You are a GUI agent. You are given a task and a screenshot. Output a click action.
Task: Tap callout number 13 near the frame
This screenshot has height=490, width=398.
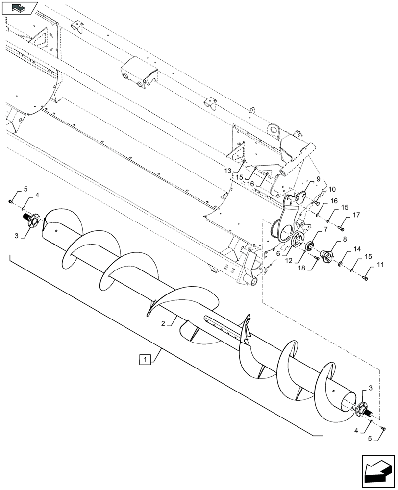tap(227, 170)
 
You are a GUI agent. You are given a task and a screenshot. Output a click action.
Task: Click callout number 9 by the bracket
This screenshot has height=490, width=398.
tap(318, 180)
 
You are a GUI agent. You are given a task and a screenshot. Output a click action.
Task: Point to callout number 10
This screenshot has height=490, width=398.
tap(332, 189)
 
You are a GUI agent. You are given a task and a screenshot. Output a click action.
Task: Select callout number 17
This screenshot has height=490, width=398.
tap(355, 215)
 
